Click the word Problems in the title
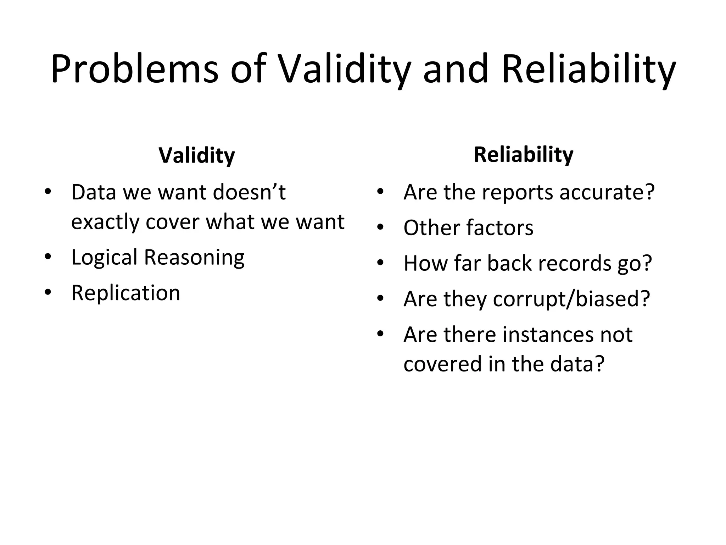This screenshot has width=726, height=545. [x=134, y=69]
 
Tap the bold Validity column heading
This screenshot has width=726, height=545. [x=197, y=155]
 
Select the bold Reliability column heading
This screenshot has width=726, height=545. [x=523, y=155]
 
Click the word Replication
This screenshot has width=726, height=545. [x=126, y=293]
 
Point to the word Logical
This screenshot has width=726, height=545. [x=104, y=257]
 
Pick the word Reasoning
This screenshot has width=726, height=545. [x=194, y=257]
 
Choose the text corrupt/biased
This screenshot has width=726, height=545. [x=571, y=299]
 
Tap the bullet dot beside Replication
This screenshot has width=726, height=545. [x=48, y=293]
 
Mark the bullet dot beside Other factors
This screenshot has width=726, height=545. [x=380, y=227]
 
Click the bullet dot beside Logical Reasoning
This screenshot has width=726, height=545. [x=48, y=257]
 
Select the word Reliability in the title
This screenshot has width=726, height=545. [x=588, y=69]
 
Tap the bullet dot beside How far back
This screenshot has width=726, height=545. [x=380, y=263]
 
